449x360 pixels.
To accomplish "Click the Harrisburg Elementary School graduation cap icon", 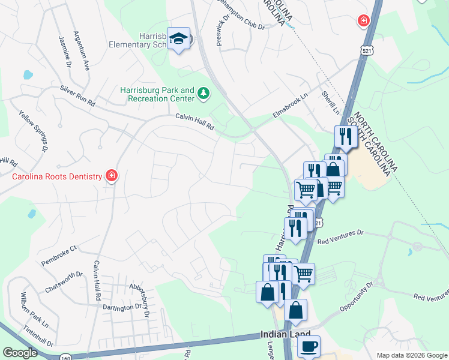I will [178, 39].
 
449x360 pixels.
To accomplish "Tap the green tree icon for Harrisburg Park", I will [203, 93].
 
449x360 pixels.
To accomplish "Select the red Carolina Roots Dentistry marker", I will [111, 176].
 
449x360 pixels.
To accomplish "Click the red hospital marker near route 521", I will [363, 22].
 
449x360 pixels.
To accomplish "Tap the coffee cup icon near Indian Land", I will [309, 346].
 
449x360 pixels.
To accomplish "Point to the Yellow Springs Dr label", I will [33, 130].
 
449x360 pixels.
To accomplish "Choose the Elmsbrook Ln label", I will [290, 104].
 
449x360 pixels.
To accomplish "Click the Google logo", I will [20, 353].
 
